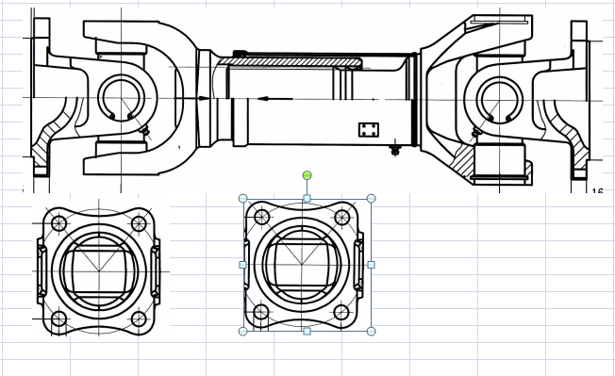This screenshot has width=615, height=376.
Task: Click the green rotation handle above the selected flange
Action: [307, 175]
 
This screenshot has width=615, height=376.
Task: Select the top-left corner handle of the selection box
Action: [243, 199]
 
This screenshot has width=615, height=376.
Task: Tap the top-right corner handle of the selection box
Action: [371, 199]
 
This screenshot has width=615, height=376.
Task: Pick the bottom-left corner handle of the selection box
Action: [243, 331]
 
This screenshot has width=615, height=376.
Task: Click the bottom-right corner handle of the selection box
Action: [371, 331]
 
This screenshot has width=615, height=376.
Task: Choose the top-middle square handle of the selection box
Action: [307, 199]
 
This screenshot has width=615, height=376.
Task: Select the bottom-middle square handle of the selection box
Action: [307, 331]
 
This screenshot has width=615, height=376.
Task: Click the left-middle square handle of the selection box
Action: [243, 265]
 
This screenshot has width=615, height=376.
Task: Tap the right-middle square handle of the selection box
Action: [371, 265]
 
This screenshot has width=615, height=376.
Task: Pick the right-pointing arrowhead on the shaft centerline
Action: [204, 97]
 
